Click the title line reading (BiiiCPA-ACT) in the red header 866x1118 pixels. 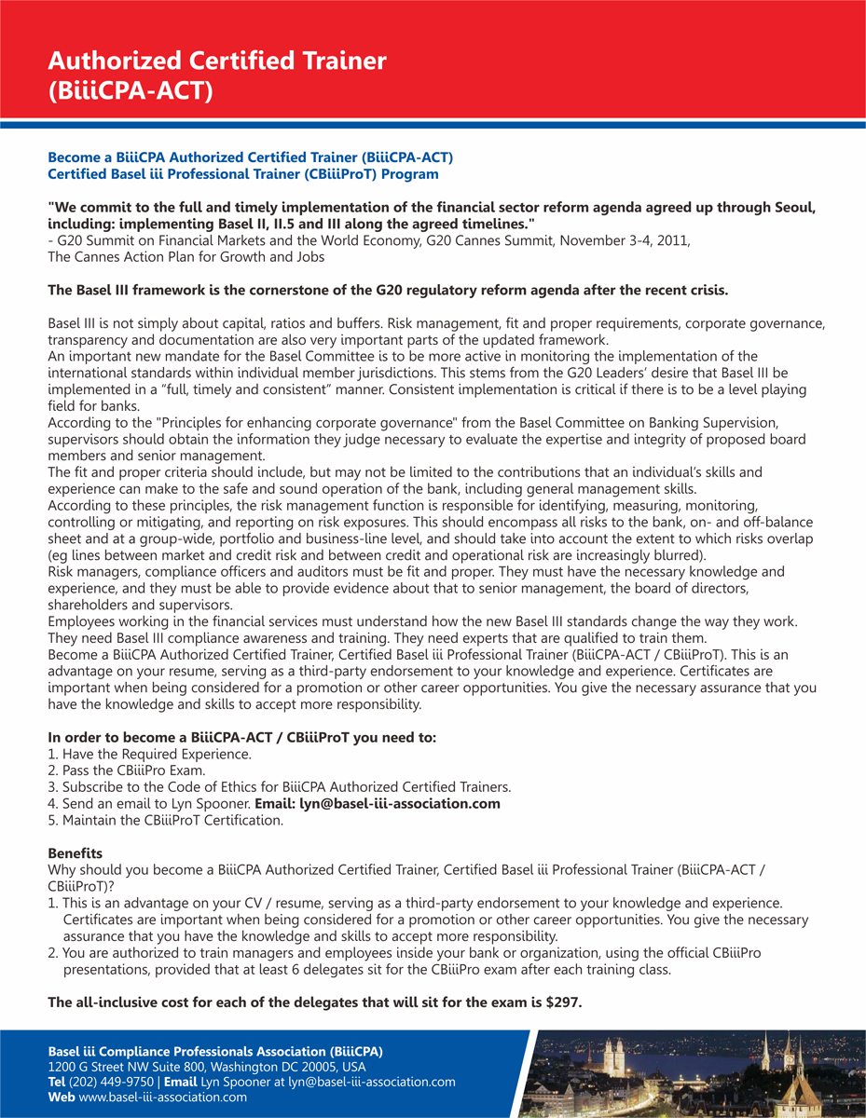coord(131,90)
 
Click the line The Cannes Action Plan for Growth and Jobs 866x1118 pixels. coord(186,256)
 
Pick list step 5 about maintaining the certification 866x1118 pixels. coord(165,820)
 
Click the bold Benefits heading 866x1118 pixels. coord(76,852)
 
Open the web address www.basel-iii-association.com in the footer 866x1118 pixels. coord(163,1097)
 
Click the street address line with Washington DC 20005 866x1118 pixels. coord(207,1067)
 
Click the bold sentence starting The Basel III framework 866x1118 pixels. coord(388,290)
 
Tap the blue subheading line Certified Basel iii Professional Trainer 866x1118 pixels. coord(242,174)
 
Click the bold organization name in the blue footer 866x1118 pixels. coord(215,1051)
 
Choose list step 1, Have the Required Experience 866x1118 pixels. coord(149,755)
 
